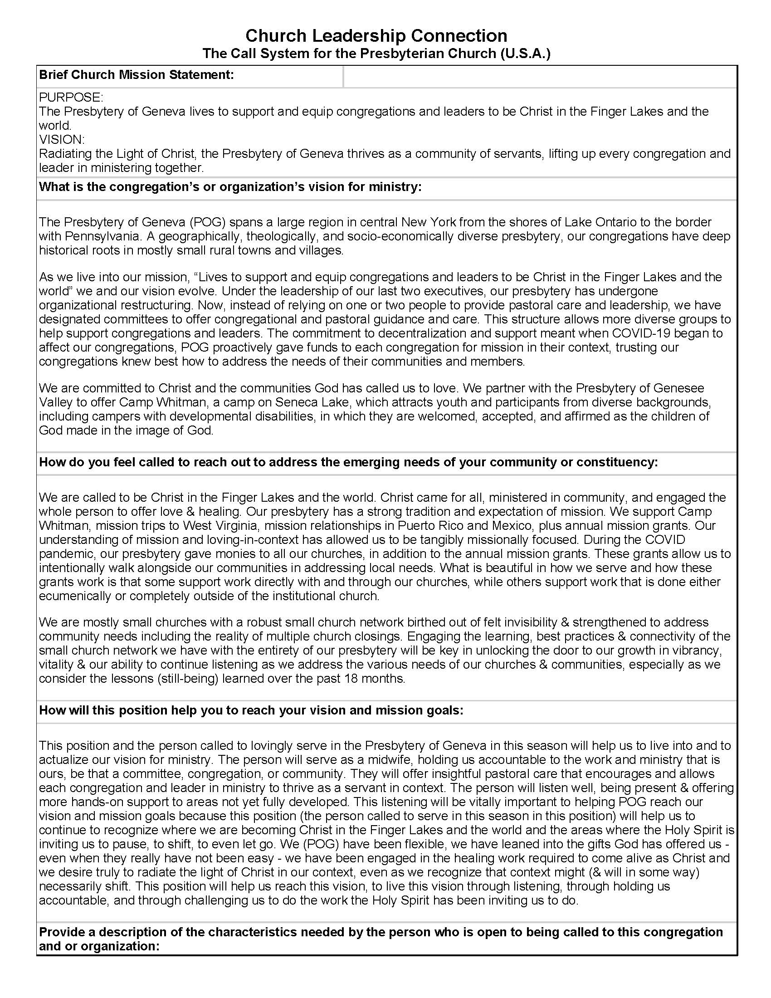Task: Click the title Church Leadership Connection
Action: point(376,35)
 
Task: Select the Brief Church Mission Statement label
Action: point(136,75)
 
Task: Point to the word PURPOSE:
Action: point(71,98)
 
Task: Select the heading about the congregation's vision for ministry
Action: point(230,187)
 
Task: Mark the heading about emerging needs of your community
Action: point(348,462)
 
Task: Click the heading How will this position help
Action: point(251,710)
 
